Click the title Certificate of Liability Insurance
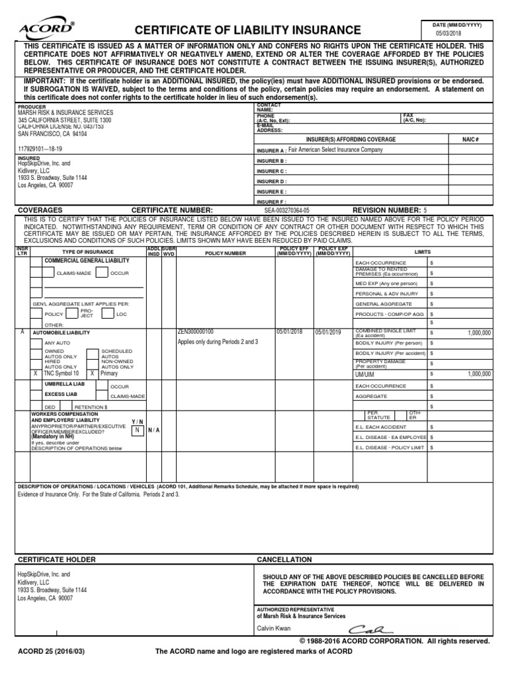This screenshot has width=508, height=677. coord(248,30)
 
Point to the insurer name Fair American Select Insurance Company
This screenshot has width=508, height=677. coord(335,150)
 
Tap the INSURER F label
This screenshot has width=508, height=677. coord(271,201)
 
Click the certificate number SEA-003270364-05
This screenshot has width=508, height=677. coord(286,210)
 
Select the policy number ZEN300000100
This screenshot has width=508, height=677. coord(196,331)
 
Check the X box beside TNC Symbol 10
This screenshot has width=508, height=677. coord(35,373)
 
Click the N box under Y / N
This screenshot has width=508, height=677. coord(136,430)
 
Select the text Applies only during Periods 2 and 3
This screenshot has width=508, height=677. coord(218,342)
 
